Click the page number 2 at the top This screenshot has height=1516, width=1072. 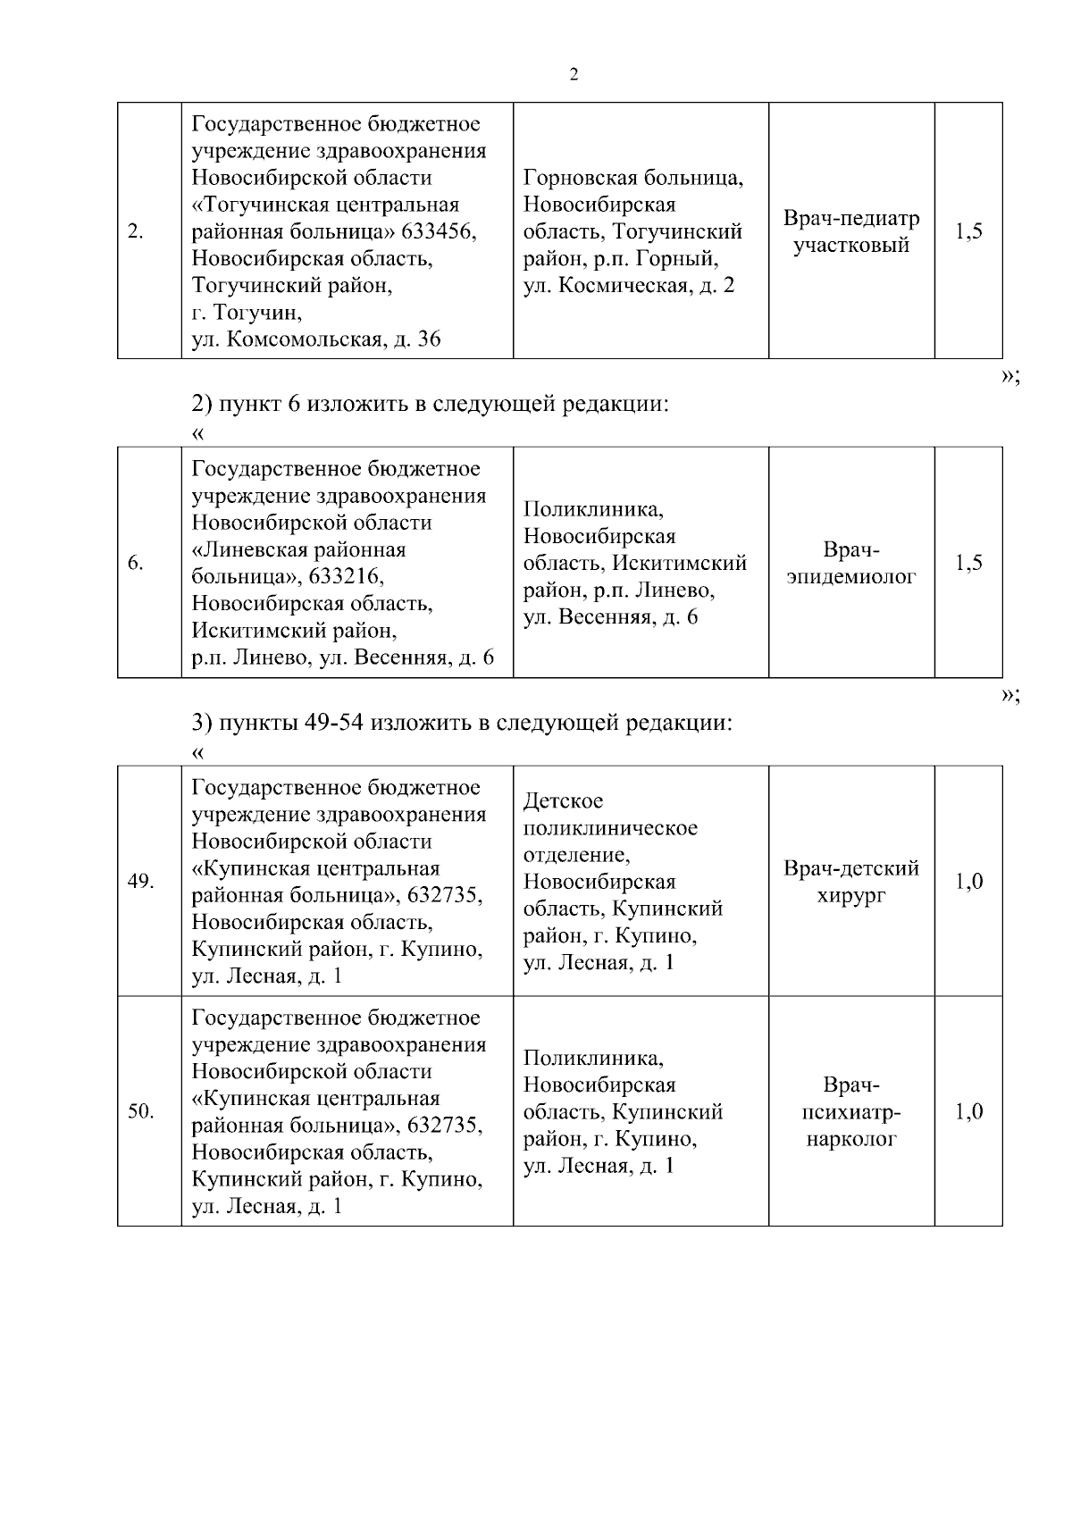pyautogui.click(x=574, y=75)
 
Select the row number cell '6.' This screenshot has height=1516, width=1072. pyautogui.click(x=136, y=564)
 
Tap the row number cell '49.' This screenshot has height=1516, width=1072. pyautogui.click(x=140, y=882)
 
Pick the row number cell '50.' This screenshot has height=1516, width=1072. pyautogui.click(x=140, y=1112)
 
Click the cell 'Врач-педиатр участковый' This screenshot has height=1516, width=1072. pyautogui.click(x=850, y=232)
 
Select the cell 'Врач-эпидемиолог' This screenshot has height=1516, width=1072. pyautogui.click(x=850, y=564)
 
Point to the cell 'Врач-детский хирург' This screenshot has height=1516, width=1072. pyautogui.click(x=850, y=882)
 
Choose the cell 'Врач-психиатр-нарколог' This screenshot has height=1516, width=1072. pyautogui.click(x=850, y=1112)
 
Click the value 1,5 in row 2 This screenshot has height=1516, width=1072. pyautogui.click(x=968, y=232)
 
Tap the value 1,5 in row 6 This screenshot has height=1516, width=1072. pyautogui.click(x=968, y=563)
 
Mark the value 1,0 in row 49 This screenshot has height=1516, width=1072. pyautogui.click(x=968, y=882)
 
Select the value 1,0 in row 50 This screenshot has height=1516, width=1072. pyautogui.click(x=968, y=1112)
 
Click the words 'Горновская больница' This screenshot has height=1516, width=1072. pyautogui.click(x=632, y=178)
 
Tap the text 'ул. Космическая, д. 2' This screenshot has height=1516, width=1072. pyautogui.click(x=628, y=287)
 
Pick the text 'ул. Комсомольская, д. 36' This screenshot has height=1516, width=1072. pyautogui.click(x=316, y=340)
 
